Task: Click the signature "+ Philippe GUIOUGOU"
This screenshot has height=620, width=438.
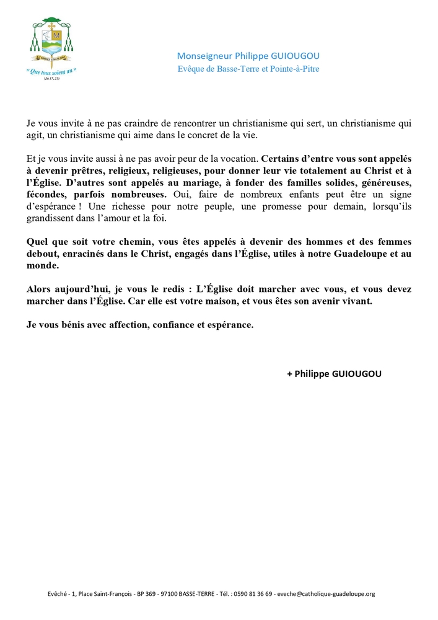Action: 335,374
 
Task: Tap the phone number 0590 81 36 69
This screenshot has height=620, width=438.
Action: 252,593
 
